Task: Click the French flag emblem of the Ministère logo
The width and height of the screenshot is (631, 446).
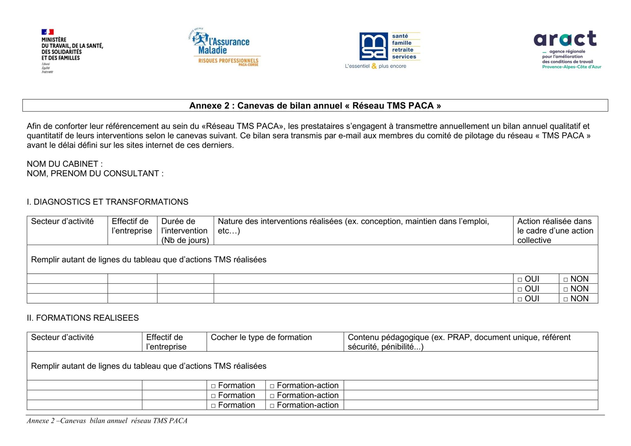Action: pos(48,32)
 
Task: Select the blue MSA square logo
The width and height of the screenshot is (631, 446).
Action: pos(374,46)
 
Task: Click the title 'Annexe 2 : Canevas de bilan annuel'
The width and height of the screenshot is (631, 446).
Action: pos(315,106)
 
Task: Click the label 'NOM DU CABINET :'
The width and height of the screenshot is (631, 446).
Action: pos(65,164)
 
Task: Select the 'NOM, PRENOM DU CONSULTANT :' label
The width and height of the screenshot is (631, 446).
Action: pos(95,173)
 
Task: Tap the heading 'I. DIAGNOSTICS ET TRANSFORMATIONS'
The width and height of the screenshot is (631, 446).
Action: pos(107,202)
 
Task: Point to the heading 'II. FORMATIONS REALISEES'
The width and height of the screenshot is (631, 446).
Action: pos(83,318)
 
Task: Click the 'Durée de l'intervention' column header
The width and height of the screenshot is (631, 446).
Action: pos(185,231)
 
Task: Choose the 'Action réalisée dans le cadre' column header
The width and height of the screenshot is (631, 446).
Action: pos(555,231)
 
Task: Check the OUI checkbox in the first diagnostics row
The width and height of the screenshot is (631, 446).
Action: pos(520,279)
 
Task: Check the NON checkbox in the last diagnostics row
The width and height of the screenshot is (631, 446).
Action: pos(566,299)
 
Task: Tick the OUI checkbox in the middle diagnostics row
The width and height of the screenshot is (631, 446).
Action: pos(520,289)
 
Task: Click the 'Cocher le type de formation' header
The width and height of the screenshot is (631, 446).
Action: pos(261,337)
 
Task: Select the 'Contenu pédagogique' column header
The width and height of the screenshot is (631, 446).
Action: pos(459,342)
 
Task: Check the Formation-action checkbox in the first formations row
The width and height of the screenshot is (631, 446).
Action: pos(272,386)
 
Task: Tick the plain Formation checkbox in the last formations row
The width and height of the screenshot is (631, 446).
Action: pos(213,406)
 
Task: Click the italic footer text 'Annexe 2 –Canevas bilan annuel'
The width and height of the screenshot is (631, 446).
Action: pos(107,421)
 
